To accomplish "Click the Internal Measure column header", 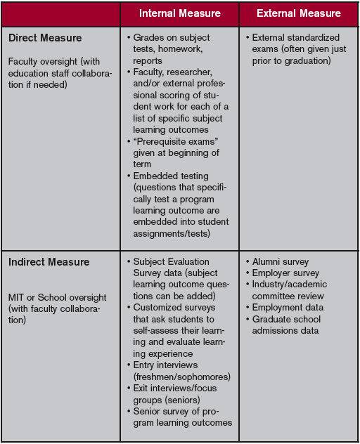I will click(x=179, y=13).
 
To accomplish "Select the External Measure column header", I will click(x=298, y=13).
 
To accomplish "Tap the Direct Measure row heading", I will click(x=45, y=38).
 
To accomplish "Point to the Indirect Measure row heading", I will click(x=49, y=262).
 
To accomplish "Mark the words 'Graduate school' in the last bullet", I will click(x=288, y=320).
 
